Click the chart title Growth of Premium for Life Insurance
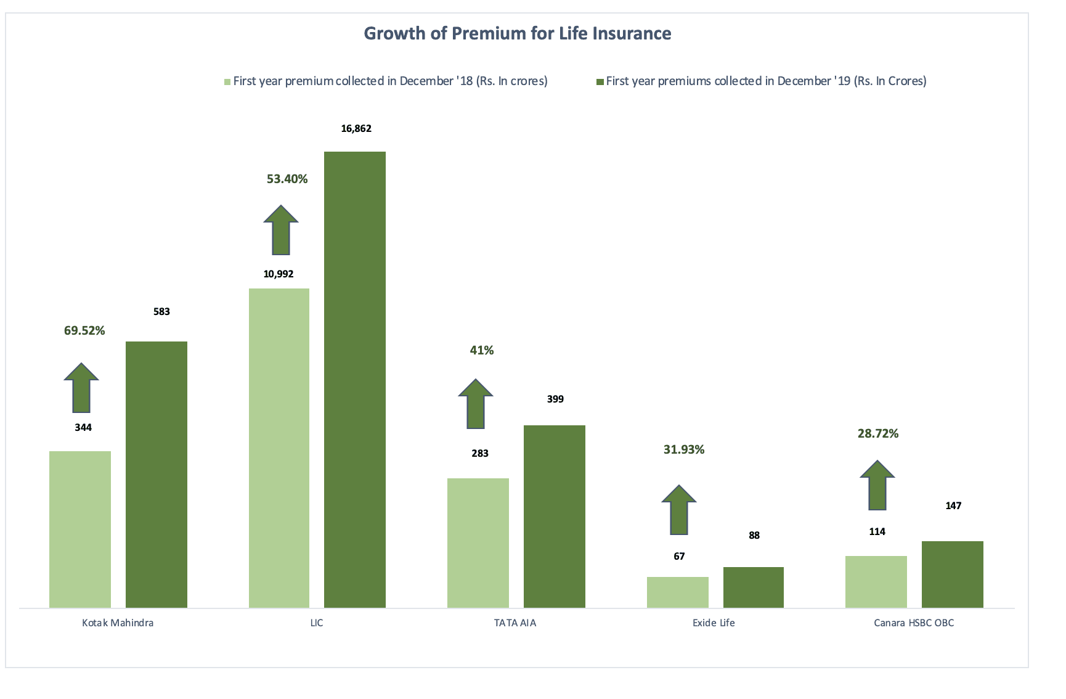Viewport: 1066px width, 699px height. point(517,33)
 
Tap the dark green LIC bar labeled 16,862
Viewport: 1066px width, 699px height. point(355,379)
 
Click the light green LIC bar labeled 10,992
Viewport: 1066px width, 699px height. point(279,448)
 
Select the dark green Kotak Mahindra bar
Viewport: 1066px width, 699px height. point(157,474)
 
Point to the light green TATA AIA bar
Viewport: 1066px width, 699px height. point(478,542)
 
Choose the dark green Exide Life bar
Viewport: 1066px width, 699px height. point(753,587)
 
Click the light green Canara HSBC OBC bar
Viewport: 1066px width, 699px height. point(876,581)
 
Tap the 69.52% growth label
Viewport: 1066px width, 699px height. point(84,330)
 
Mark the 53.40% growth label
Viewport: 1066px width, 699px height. point(287,179)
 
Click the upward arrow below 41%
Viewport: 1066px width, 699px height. point(476,404)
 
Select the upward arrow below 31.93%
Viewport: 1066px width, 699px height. point(679,510)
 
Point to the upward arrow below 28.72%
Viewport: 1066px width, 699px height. point(877,485)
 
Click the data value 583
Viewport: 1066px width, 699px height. point(161,311)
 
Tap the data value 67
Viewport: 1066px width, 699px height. point(679,556)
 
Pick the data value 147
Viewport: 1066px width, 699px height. point(953,505)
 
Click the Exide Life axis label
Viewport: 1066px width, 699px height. point(714,623)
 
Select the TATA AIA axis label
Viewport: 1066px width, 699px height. point(515,623)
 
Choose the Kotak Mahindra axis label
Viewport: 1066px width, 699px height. point(118,623)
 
